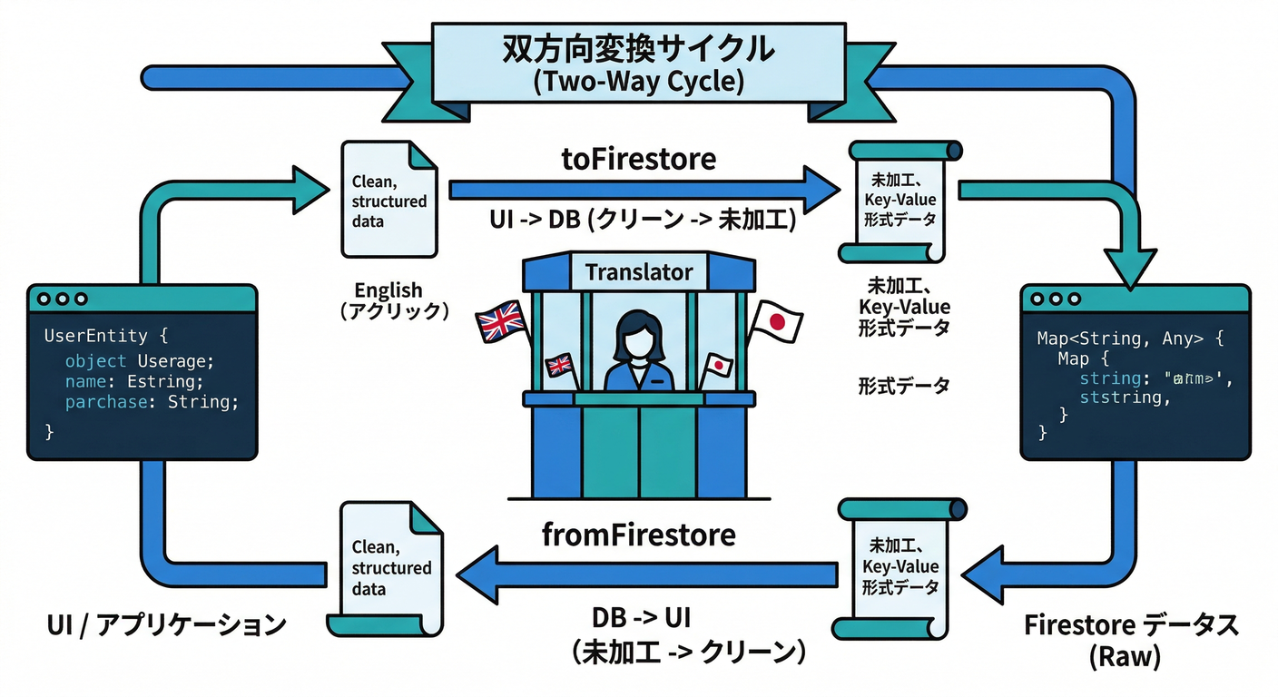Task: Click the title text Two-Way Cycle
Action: point(638,82)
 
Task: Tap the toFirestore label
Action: point(638,159)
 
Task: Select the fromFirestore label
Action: point(638,535)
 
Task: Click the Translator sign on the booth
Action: point(638,271)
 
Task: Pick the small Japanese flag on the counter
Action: point(718,365)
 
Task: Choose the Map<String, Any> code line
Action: point(1130,339)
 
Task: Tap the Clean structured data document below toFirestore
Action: point(388,200)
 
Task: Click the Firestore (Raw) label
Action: point(1130,641)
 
